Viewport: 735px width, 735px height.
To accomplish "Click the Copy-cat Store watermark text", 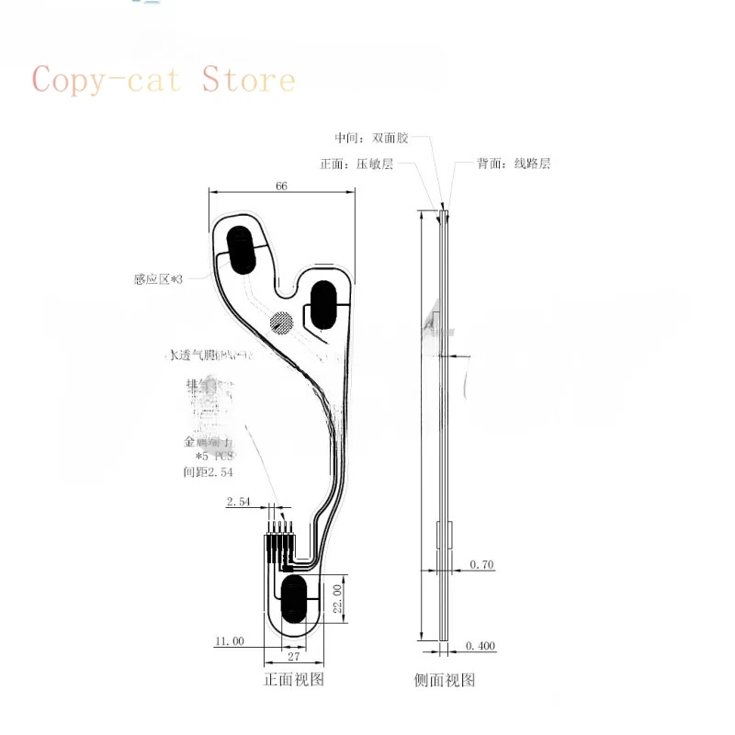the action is [164, 80].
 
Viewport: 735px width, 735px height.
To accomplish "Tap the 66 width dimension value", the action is [282, 186].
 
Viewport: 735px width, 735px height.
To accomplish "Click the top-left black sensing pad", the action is [242, 249].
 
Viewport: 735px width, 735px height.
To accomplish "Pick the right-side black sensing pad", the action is [325, 303].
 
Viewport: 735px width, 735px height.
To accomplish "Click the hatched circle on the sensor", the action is [282, 322].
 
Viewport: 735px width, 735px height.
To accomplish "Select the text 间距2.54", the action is [209, 471].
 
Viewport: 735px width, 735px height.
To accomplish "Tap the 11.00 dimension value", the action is [229, 641].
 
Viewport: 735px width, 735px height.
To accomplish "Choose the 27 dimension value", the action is [294, 657].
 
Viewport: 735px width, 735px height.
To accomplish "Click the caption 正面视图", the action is [294, 680].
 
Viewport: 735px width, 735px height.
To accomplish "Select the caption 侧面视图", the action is [445, 681].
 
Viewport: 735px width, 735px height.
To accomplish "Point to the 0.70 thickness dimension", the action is [481, 564].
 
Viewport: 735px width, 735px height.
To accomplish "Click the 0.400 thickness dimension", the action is [481, 646].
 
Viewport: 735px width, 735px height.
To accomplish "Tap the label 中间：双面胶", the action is [369, 139].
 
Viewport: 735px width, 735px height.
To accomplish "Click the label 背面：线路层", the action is [514, 164].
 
